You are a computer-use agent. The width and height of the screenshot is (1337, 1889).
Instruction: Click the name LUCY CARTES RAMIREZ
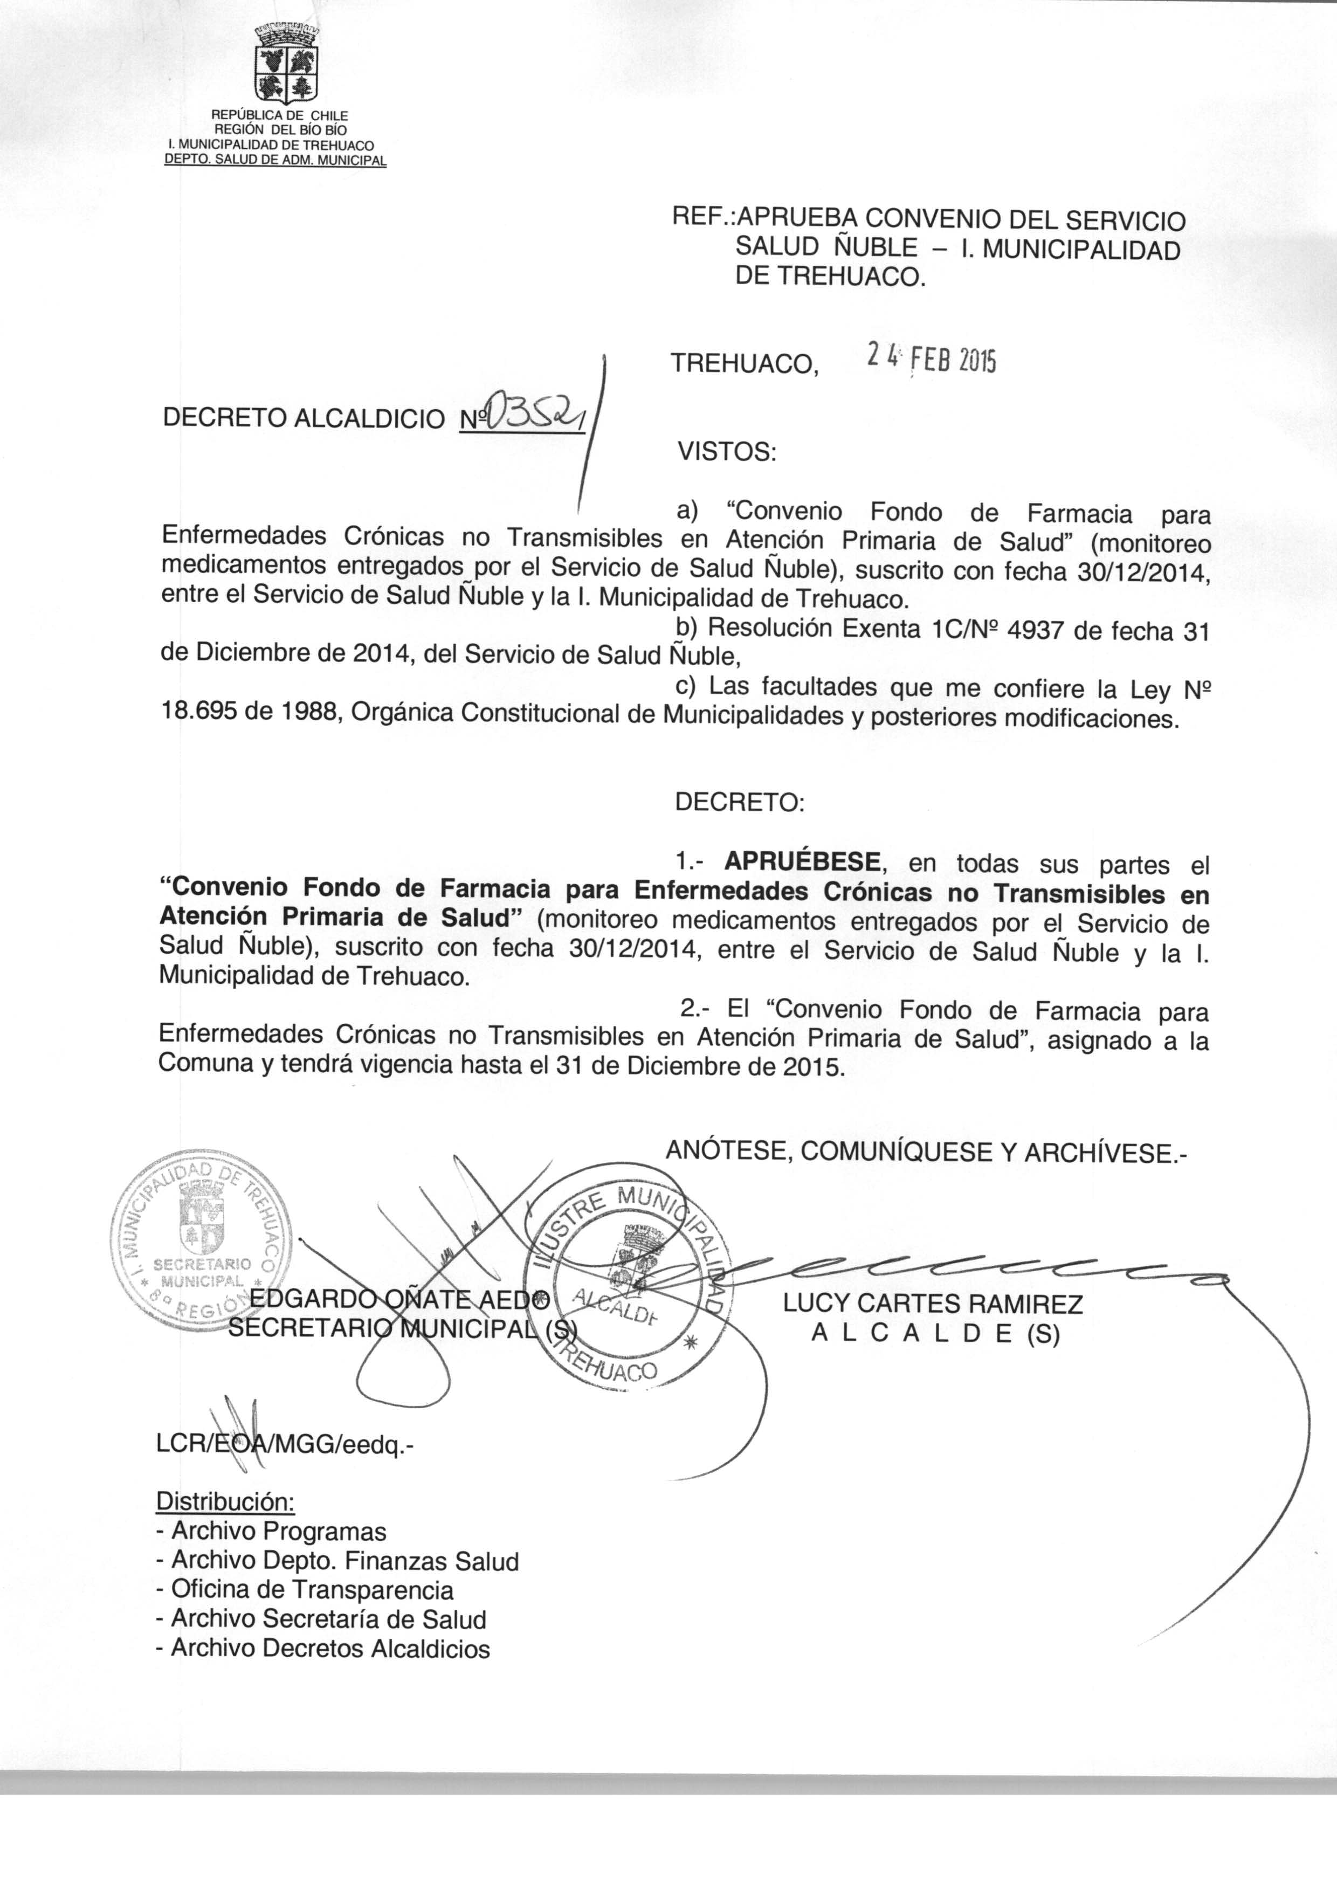coord(933,1304)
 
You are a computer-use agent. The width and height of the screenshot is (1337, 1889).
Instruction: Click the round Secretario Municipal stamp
coord(198,1242)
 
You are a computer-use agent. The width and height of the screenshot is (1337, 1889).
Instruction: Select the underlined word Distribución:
coord(225,1500)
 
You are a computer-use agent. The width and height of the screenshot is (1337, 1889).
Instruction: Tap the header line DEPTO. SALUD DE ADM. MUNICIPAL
coord(275,161)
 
